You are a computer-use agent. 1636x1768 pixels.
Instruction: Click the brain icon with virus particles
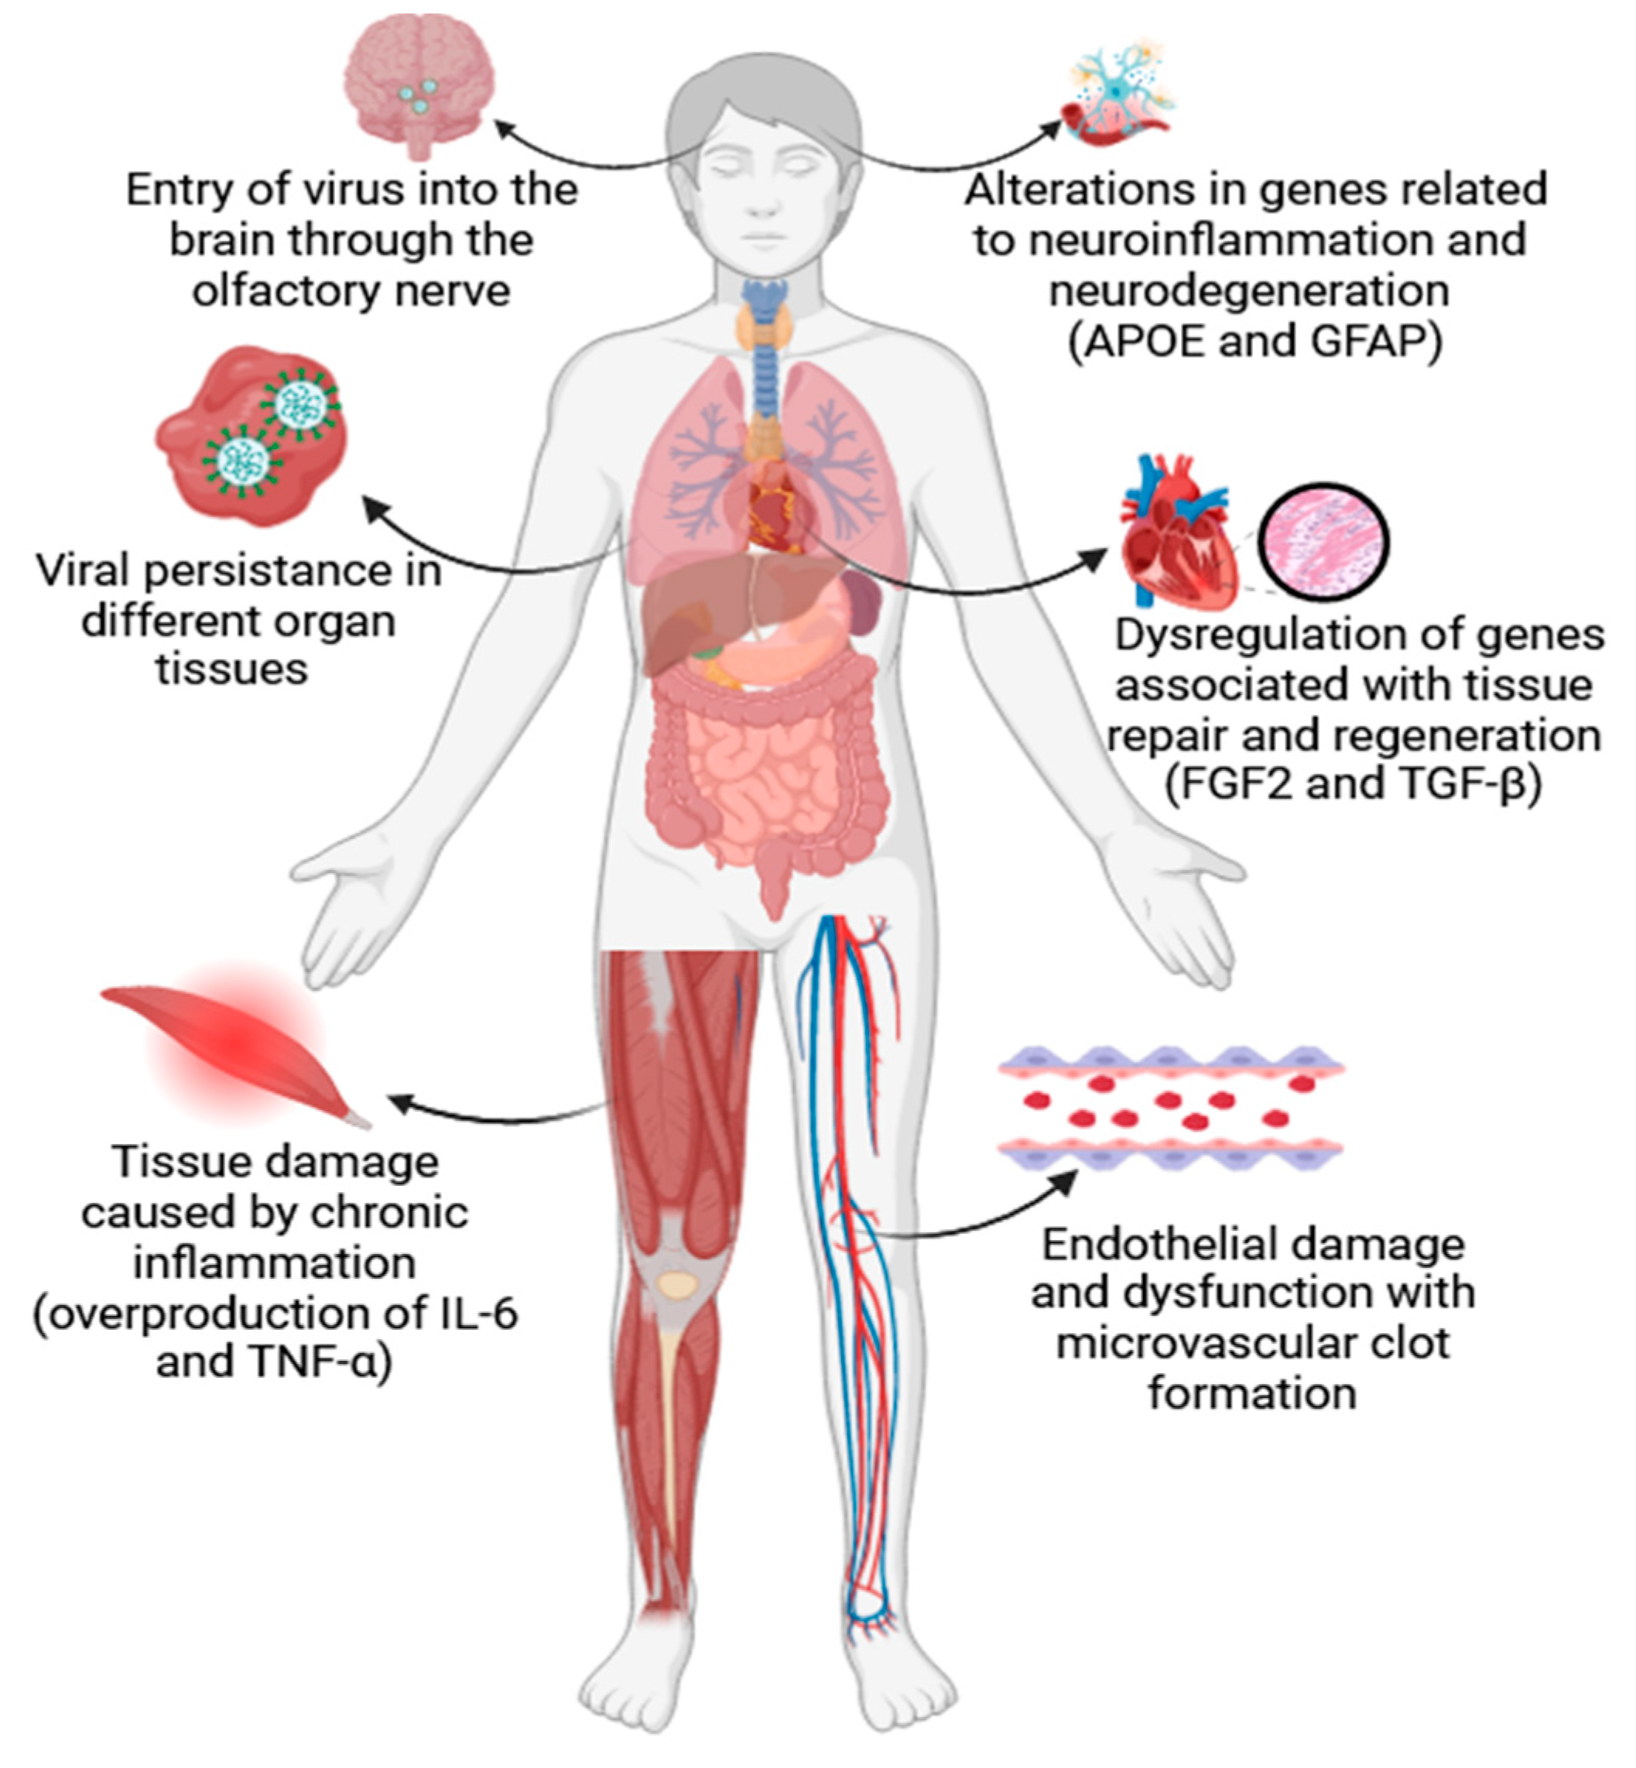coord(419,84)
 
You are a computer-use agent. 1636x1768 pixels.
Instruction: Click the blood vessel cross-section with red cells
coord(1170,1108)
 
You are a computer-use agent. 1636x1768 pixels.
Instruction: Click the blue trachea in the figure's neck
coord(763,372)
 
